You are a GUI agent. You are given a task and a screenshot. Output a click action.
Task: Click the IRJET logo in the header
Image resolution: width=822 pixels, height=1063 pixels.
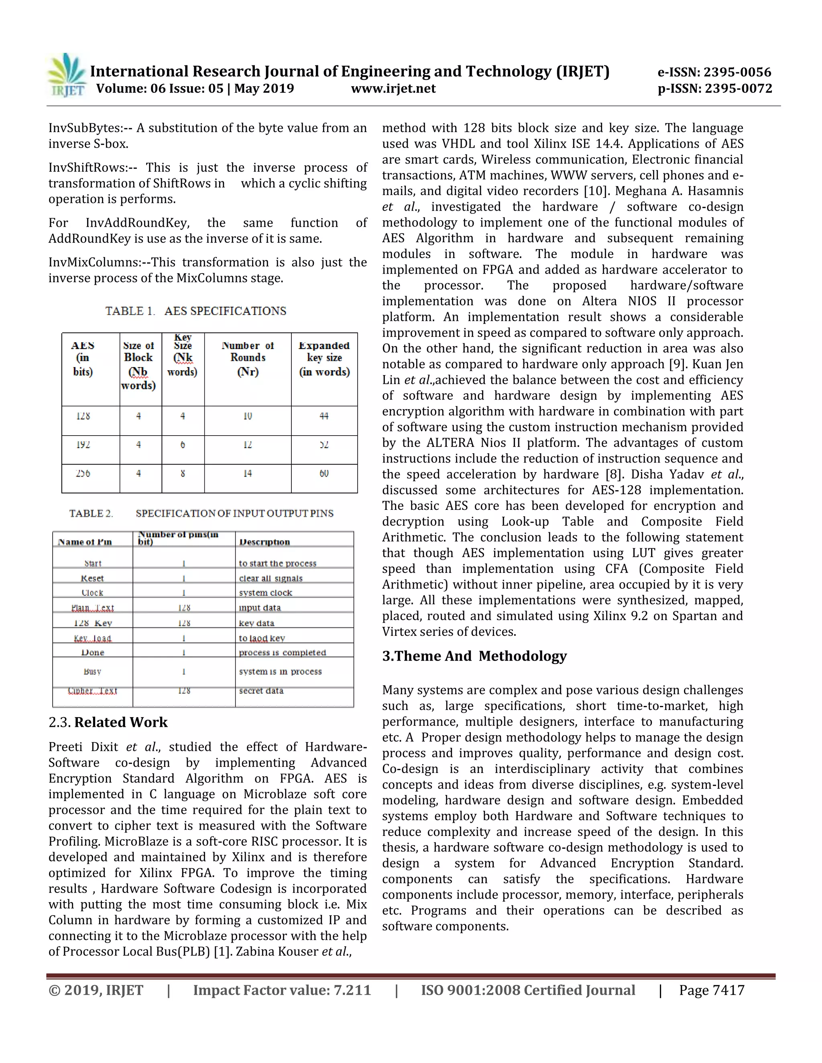pos(67,75)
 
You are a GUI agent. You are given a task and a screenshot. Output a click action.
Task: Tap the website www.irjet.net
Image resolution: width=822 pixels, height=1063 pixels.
pos(393,89)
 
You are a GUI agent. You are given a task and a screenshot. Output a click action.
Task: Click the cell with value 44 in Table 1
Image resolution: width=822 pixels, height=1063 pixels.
pos(324,416)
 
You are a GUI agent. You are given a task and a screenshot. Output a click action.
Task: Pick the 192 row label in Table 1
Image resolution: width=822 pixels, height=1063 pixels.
pos(83,445)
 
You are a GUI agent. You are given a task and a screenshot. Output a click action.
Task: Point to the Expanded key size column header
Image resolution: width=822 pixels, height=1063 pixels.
pos(324,359)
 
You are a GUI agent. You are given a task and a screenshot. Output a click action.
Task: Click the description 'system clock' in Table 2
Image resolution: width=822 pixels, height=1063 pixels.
pos(265,593)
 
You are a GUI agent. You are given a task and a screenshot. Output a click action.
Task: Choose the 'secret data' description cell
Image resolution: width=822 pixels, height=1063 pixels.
pos(261,691)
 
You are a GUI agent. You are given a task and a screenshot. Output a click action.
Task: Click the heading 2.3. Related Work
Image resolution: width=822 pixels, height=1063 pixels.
pos(108,722)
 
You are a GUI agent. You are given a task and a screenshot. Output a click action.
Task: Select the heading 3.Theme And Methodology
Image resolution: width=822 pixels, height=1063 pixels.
pos(474,656)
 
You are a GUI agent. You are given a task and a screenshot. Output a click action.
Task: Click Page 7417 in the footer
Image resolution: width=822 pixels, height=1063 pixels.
pos(712,990)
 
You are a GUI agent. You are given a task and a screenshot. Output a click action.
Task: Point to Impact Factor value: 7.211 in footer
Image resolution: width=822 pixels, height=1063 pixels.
pos(282,990)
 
